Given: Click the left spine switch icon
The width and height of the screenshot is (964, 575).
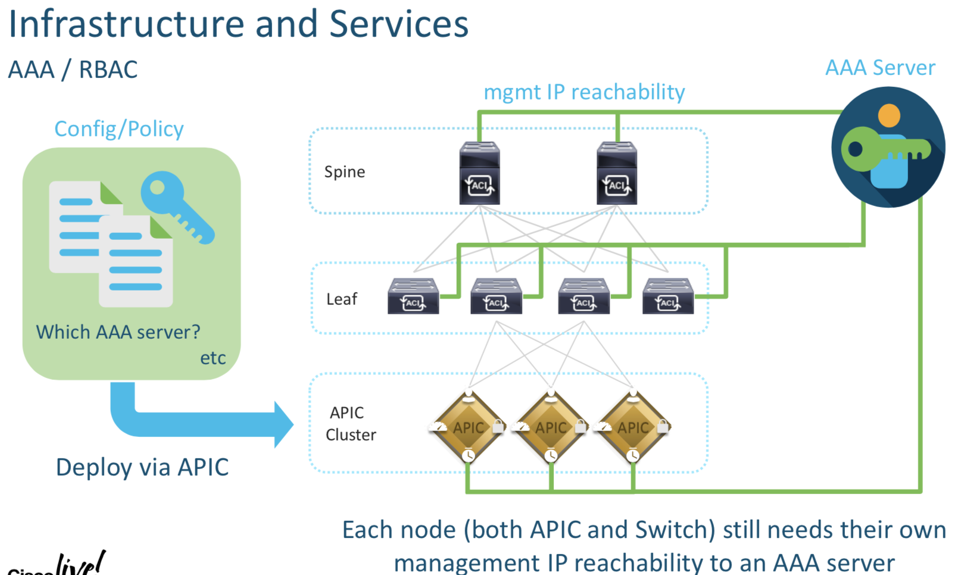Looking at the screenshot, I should point(479,173).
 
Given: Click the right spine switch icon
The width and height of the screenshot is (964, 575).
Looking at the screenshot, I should point(617,173).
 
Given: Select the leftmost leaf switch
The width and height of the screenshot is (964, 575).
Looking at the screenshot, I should point(413,296).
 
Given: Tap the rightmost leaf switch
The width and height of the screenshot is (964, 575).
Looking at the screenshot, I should point(668,296).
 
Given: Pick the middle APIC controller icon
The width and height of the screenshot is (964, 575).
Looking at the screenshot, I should point(551,427).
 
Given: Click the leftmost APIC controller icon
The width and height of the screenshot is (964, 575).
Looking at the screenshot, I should point(469,427).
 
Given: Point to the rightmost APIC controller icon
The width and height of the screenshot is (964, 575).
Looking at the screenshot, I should point(633,427).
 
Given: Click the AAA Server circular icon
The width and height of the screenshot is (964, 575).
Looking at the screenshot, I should point(888,147).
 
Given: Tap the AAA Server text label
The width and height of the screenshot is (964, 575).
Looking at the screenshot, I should point(880,68).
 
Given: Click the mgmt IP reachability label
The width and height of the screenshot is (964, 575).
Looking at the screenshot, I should point(584,92).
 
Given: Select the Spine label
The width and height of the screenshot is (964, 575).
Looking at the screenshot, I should point(345,172).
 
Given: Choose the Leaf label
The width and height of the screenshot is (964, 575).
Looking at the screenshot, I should point(342,299).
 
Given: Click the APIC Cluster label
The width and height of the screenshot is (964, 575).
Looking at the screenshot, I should point(351,424).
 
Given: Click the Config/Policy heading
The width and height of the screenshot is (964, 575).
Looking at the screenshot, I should point(119,129).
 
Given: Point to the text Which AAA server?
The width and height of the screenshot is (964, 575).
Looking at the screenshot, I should point(118,332).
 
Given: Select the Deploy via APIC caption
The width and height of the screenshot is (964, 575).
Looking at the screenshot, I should point(142,467).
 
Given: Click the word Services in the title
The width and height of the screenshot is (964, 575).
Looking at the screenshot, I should point(399,25).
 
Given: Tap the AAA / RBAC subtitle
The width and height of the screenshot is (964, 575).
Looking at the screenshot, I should point(73,70).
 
